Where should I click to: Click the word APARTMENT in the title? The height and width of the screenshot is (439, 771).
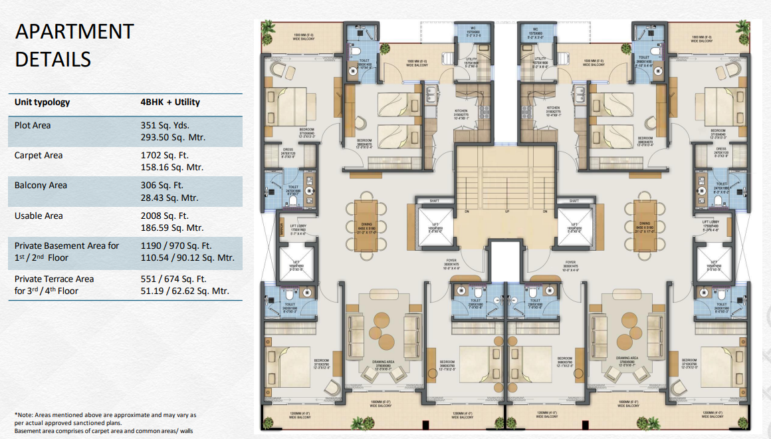[x=74, y=31]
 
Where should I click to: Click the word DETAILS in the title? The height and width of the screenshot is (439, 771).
[x=53, y=59]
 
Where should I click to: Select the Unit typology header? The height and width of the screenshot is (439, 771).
[x=42, y=102]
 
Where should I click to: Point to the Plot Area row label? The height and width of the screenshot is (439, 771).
[x=33, y=125]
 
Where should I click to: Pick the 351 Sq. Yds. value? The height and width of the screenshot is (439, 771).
[x=162, y=125]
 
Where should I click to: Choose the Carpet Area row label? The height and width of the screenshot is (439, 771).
[x=39, y=155]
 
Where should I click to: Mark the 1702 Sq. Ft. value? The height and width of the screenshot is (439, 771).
[x=162, y=155]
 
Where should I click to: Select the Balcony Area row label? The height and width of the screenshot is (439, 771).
[x=41, y=185]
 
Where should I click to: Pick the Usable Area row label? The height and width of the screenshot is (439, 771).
[x=38, y=216]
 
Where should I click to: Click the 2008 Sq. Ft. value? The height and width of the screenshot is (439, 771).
[x=162, y=216]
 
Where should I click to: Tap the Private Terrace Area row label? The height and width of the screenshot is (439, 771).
[x=54, y=279]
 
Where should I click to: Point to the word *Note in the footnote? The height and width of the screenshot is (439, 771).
[x=25, y=415]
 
